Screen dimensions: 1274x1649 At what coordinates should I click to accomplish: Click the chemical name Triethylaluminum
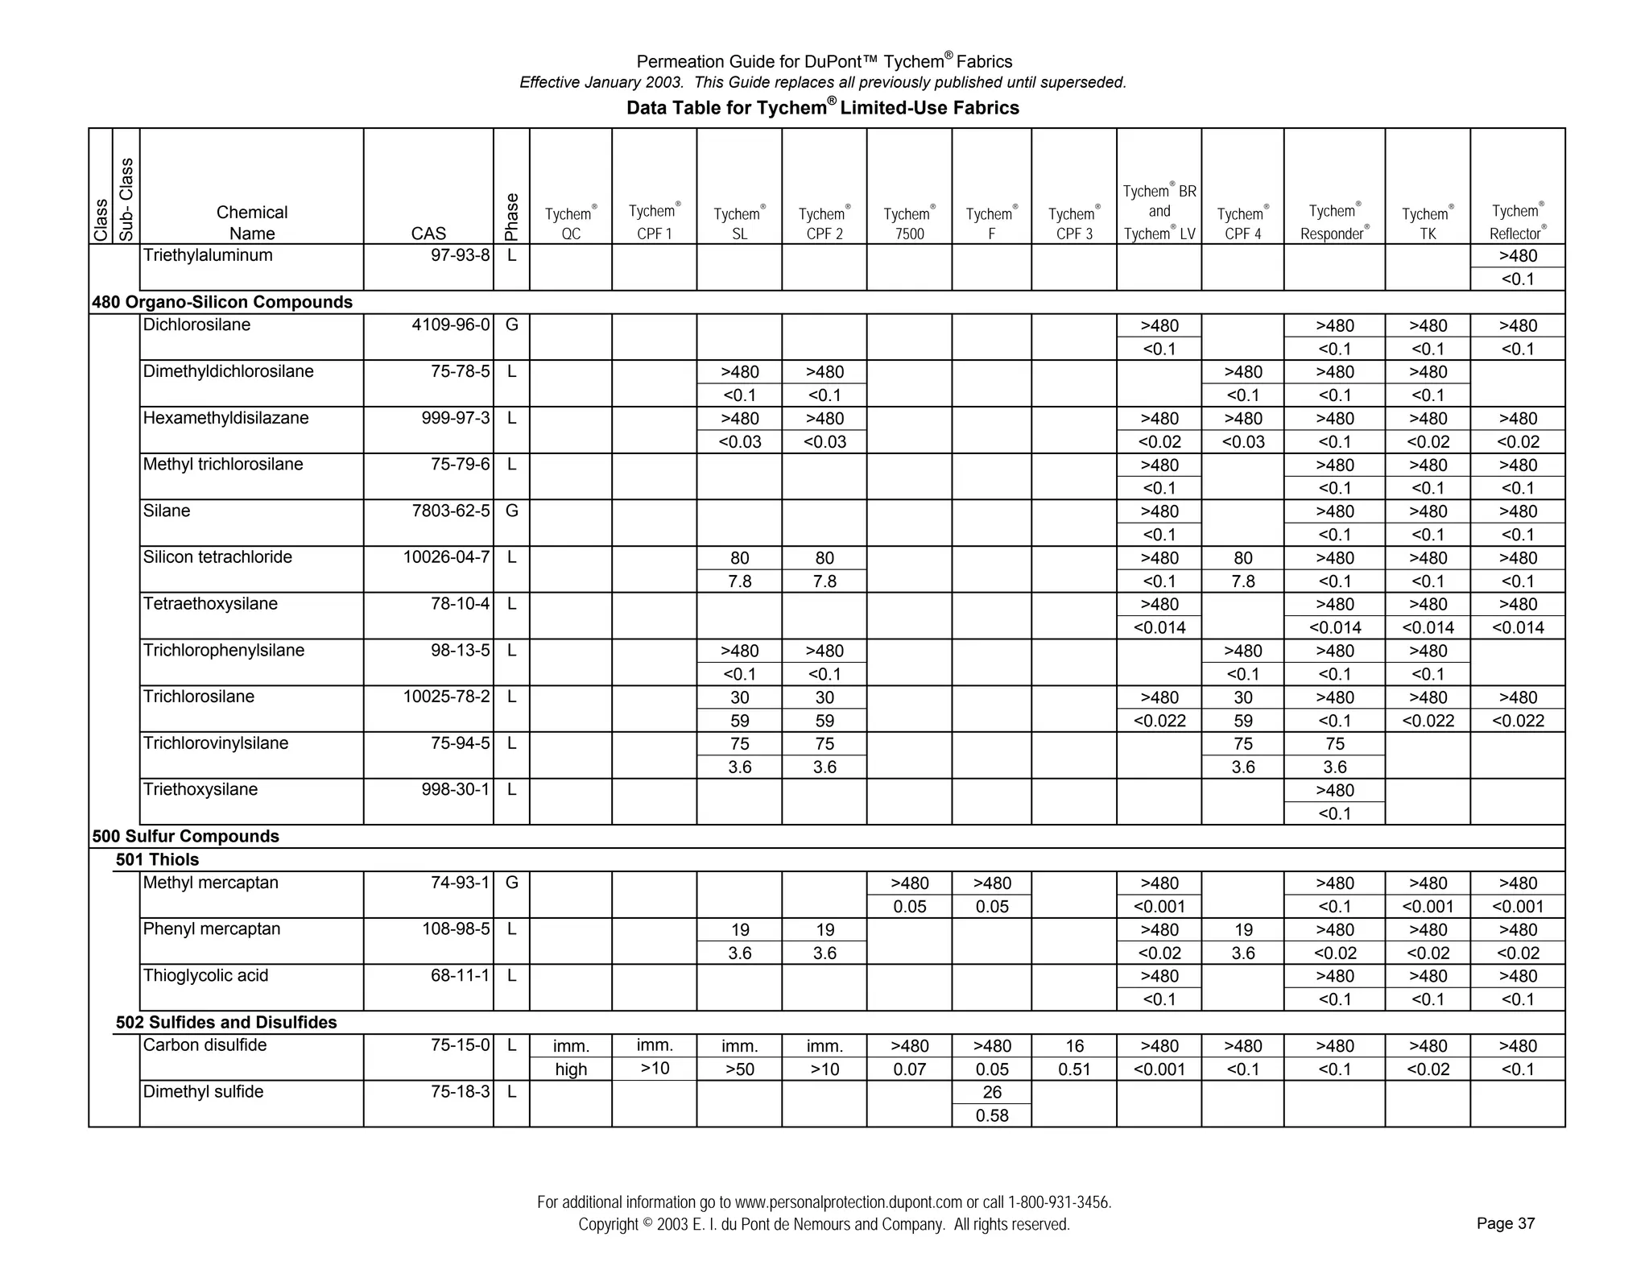(208, 255)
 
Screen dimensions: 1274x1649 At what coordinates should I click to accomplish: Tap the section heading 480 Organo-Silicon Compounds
(222, 302)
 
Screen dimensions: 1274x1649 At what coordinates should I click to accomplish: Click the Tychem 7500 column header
(909, 223)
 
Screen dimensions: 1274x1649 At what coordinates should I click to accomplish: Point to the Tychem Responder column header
(1334, 221)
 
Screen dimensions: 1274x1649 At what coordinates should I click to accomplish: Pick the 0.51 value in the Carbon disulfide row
(1074, 1069)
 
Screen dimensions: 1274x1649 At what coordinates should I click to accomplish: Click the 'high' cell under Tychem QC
(571, 1069)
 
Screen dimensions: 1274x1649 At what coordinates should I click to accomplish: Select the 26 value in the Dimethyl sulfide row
(992, 1092)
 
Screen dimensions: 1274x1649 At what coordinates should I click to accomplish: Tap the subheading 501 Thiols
(157, 859)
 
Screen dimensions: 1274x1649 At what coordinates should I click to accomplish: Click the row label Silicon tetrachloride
(217, 557)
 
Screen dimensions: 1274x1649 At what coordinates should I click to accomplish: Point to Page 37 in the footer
(1506, 1223)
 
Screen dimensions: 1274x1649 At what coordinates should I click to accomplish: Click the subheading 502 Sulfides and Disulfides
(226, 1022)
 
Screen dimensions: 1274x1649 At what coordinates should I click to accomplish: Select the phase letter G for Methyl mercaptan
(511, 883)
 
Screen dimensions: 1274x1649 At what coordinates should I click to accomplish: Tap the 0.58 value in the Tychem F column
(992, 1115)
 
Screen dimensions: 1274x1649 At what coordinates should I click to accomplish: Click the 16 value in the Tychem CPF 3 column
(1074, 1046)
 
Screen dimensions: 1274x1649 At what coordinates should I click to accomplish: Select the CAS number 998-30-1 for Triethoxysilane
(456, 789)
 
